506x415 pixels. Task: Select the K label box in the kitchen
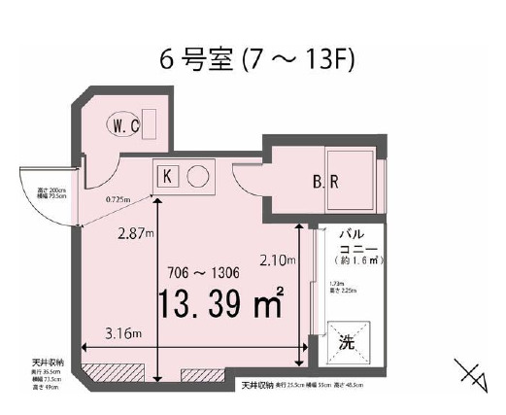coord(167,177)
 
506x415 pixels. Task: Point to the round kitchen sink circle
coord(198,177)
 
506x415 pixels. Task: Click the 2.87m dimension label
coord(132,234)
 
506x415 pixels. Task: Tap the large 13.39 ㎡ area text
coord(219,304)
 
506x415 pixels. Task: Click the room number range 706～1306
coord(201,272)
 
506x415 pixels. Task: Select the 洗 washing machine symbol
coord(347,343)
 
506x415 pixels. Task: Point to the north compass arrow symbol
coord(470,375)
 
